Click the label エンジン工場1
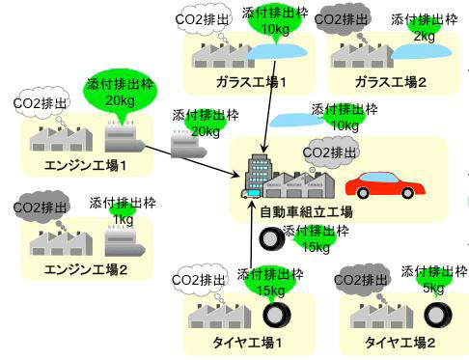coord(86,165)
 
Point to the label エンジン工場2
coord(86,268)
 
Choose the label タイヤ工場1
coord(247,343)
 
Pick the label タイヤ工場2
coord(400,343)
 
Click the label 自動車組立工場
coord(307,211)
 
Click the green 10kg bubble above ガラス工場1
coord(262,26)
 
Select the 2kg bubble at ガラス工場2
coord(423,31)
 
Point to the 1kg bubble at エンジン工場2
coord(123,214)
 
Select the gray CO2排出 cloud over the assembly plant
coord(329,151)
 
